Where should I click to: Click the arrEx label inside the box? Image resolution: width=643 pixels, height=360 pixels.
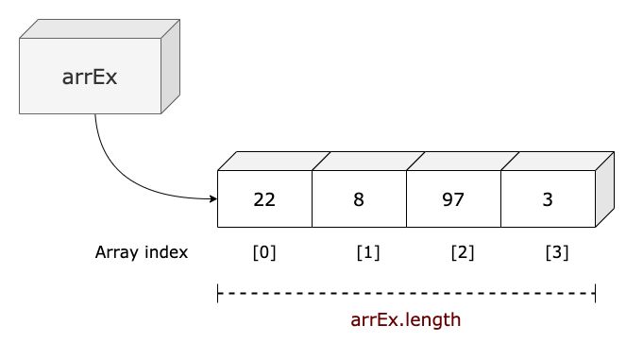pyautogui.click(x=90, y=77)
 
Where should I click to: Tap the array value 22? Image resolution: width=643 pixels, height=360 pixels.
pyautogui.click(x=264, y=200)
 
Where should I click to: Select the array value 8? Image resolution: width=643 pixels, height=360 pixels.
pyautogui.click(x=359, y=200)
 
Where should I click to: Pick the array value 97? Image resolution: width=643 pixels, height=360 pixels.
pyautogui.click(x=453, y=200)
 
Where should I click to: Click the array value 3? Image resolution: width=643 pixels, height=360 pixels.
pyautogui.click(x=548, y=200)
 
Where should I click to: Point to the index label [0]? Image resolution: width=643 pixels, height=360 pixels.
pyautogui.click(x=264, y=253)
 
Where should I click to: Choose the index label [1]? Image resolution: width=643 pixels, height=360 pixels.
pyautogui.click(x=369, y=253)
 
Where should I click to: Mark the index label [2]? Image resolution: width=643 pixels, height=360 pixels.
pyautogui.click(x=463, y=253)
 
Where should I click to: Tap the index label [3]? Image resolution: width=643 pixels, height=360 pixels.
pyautogui.click(x=557, y=253)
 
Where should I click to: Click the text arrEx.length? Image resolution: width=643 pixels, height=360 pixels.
pyautogui.click(x=406, y=319)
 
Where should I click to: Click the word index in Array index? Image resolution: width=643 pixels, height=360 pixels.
pyautogui.click(x=167, y=253)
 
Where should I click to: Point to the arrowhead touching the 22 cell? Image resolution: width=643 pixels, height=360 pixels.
pyautogui.click(x=212, y=199)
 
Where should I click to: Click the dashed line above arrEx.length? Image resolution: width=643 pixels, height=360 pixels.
pyautogui.click(x=406, y=294)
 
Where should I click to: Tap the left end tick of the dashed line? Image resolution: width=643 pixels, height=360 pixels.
pyautogui.click(x=218, y=294)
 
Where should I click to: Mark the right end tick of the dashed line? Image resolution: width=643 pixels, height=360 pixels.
pyautogui.click(x=595, y=294)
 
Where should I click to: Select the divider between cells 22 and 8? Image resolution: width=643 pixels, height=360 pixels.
pyautogui.click(x=312, y=200)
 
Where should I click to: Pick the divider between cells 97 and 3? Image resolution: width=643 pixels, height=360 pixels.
pyautogui.click(x=500, y=200)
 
